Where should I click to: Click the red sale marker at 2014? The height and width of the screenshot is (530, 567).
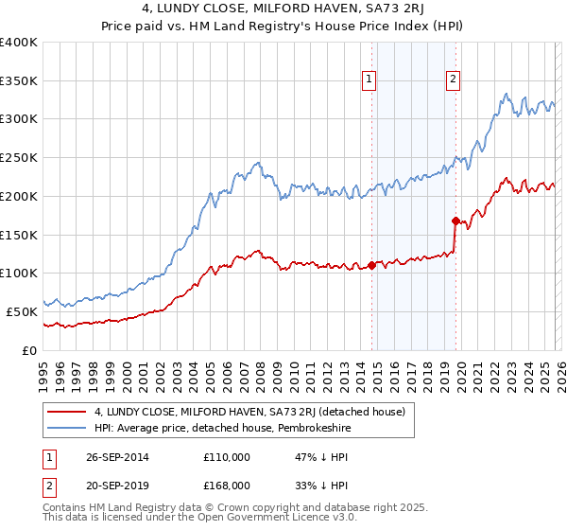(371, 265)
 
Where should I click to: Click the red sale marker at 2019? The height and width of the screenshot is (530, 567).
(455, 221)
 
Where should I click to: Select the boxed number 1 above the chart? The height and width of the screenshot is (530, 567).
(368, 79)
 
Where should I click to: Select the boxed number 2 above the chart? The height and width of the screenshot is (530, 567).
(453, 79)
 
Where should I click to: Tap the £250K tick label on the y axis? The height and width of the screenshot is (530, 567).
(19, 158)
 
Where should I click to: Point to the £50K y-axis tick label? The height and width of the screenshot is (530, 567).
(22, 311)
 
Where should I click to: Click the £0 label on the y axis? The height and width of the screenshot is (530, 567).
(31, 350)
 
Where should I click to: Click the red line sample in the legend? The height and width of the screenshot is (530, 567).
(67, 412)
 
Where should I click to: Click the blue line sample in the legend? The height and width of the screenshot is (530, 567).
(67, 429)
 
